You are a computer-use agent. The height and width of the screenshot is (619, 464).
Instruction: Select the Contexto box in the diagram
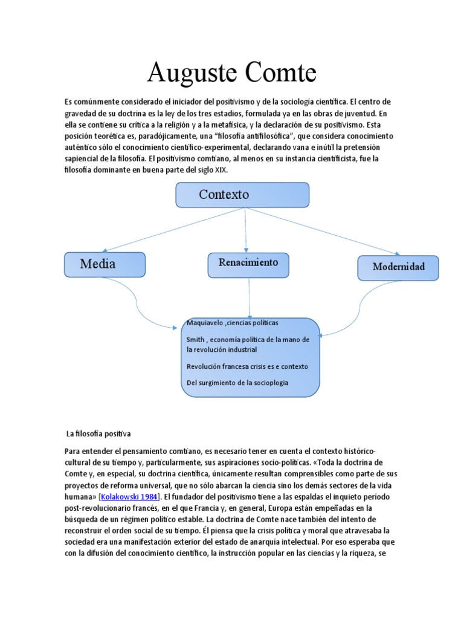pos(242,195)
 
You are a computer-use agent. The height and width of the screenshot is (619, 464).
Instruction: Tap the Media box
pos(105,264)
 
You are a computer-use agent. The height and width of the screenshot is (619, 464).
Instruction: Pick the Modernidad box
pos(398,267)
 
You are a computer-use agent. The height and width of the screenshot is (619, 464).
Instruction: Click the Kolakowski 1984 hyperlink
pos(129,496)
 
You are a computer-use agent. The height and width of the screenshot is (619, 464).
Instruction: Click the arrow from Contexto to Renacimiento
pos(246,230)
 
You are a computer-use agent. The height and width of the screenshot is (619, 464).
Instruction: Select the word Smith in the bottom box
pos(196,340)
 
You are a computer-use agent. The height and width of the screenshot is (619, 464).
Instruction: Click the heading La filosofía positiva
pos(98,433)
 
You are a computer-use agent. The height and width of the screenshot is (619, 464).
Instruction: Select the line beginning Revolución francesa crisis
pos(247,366)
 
